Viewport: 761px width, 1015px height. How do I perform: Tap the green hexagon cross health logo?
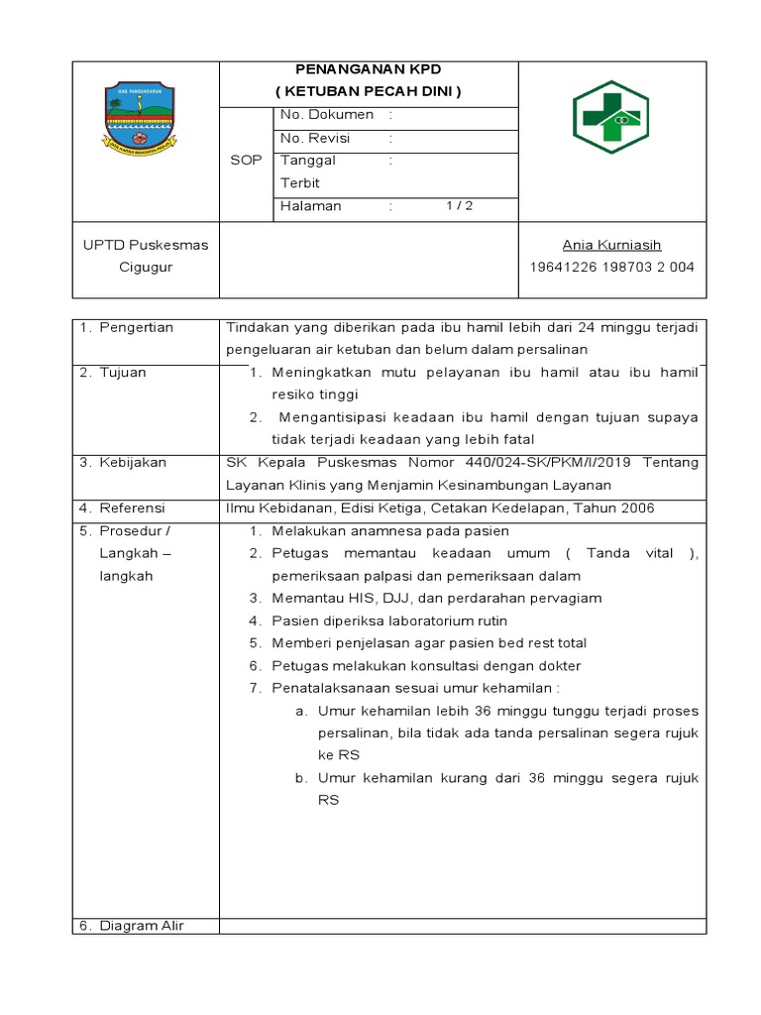click(x=610, y=117)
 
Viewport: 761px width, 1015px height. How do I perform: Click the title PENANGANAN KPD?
click(x=369, y=69)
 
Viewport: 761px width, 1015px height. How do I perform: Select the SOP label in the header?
click(x=245, y=160)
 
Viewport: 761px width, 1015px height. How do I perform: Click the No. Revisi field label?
click(x=315, y=138)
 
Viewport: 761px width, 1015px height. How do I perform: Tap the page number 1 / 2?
click(x=459, y=206)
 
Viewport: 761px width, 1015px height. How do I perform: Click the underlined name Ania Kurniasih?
click(x=611, y=245)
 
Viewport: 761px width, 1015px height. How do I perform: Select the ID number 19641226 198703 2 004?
click(x=612, y=267)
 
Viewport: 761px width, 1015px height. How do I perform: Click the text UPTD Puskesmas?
click(x=146, y=245)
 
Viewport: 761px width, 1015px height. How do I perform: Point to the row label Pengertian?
click(x=137, y=327)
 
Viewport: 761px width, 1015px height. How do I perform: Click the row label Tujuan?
click(x=123, y=373)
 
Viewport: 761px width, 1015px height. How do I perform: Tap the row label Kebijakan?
click(x=133, y=462)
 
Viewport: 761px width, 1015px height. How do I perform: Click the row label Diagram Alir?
click(x=142, y=926)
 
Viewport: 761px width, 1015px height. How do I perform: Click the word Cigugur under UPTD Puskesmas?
click(x=146, y=267)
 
